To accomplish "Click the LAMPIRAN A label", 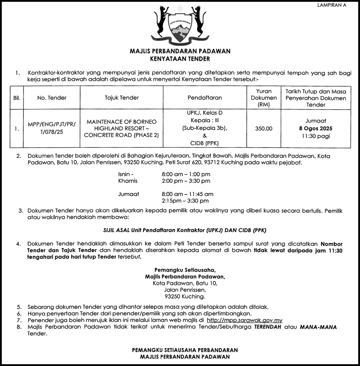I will [331, 5].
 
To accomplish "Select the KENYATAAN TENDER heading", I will [180, 58].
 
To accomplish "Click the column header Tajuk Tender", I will [122, 98].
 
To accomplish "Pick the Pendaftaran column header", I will [205, 98].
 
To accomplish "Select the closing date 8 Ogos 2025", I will [316, 128].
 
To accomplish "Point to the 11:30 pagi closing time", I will [316, 136].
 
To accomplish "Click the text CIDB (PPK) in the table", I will [205, 143].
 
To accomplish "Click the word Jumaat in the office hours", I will [129, 194].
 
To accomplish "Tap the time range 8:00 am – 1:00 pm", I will [186, 174].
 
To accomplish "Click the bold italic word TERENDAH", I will [267, 327].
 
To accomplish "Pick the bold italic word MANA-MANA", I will [318, 327].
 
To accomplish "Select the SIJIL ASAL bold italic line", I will [182, 231].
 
